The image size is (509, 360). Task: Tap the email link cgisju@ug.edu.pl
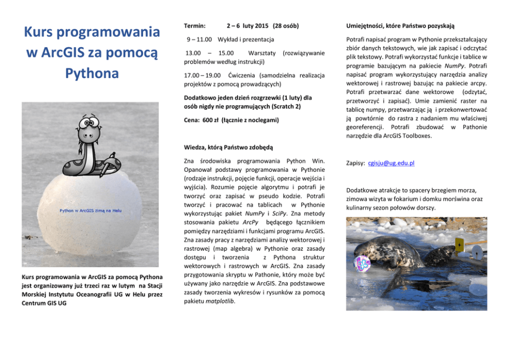[x=391, y=163]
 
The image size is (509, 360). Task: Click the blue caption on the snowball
[x=91, y=211]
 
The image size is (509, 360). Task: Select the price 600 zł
[x=210, y=120]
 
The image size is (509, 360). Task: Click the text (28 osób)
[x=286, y=26]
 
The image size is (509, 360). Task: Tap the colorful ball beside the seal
[x=362, y=264]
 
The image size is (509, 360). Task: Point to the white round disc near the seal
[x=477, y=252]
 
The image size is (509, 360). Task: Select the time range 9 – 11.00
[x=199, y=39]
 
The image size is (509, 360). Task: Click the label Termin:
[x=194, y=26]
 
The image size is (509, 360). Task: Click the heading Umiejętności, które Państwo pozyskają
[x=400, y=26]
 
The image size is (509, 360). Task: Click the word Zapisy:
[x=355, y=163]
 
